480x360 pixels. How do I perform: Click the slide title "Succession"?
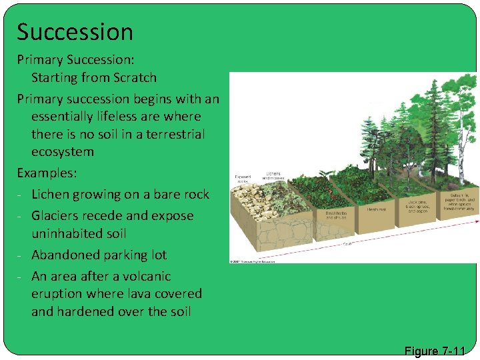click(75, 32)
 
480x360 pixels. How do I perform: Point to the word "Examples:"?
click(47, 173)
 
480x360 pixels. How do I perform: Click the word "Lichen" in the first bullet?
click(53, 195)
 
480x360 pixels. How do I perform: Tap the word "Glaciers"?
click(61, 216)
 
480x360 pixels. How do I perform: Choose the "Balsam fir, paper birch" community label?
click(460, 200)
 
